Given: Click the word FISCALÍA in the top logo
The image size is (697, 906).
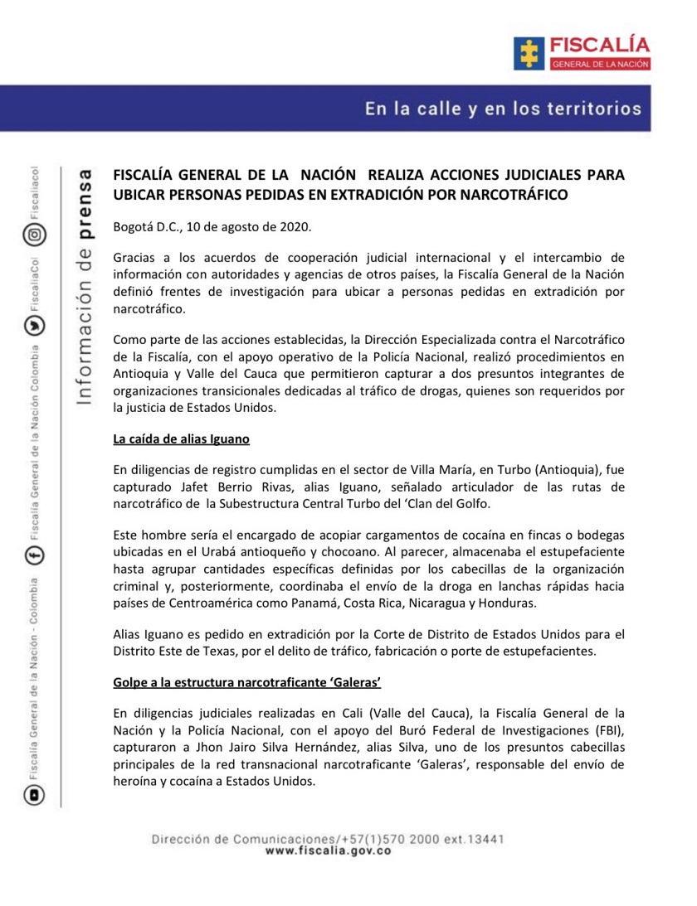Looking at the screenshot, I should tap(597, 46).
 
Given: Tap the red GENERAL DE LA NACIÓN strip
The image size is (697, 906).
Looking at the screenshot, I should tap(597, 64).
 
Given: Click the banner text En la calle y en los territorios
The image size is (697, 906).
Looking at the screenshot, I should tap(503, 109).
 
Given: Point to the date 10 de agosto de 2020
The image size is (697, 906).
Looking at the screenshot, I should tap(249, 226).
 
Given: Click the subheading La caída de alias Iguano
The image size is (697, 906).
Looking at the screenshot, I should tap(181, 438).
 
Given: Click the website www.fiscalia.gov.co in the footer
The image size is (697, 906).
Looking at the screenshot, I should tap(328, 850).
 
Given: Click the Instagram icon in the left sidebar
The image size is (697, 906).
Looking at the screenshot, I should tap(34, 235).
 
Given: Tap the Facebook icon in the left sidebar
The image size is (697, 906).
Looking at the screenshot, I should tap(34, 557).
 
